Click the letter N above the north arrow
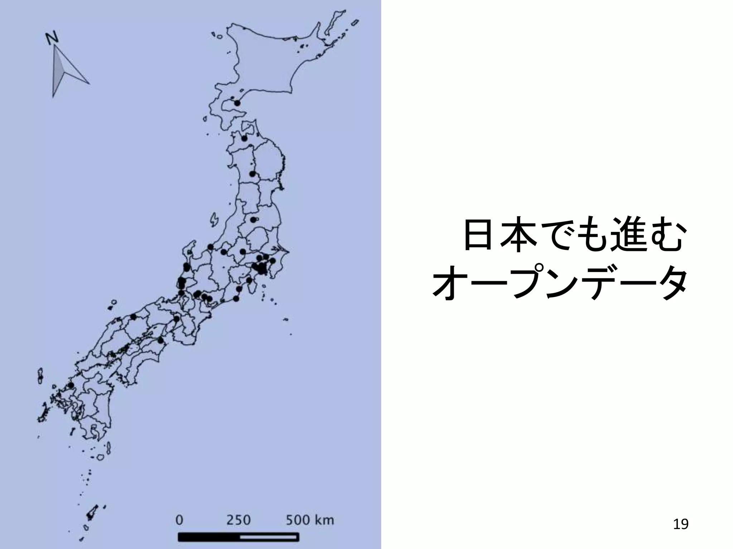pos(52,38)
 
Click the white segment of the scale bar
pos(268,537)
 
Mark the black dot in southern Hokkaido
pos(237,103)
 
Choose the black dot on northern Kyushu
pos(71,385)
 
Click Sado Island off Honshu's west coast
pos(214,219)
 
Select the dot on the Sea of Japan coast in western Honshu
pos(134,317)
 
